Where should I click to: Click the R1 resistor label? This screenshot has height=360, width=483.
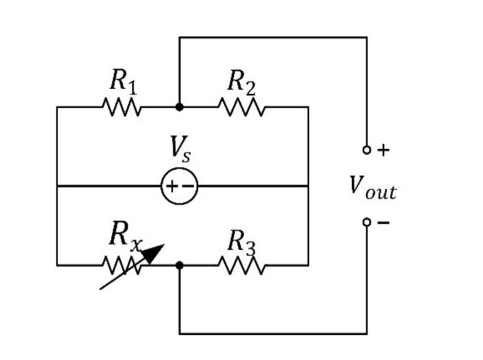tap(123, 82)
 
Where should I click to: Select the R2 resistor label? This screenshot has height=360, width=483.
tap(241, 82)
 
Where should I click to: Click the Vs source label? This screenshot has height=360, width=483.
tap(180, 149)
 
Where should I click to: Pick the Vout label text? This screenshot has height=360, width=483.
tap(373, 187)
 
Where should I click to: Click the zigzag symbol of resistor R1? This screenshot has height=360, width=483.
tap(122, 107)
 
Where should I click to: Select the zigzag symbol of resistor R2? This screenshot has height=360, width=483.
tap(241, 107)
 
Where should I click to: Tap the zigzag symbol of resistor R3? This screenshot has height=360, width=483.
tap(241, 265)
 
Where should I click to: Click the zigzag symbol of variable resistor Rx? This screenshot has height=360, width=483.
tap(122, 265)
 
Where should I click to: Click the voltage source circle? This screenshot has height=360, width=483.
tap(179, 186)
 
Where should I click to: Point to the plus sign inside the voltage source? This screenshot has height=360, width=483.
tap(172, 186)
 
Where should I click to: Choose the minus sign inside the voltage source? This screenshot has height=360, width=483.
tap(187, 186)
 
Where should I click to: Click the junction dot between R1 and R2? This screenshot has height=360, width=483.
tap(179, 107)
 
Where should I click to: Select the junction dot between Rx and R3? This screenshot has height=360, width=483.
tap(179, 265)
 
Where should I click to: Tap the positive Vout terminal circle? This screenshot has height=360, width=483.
tap(366, 150)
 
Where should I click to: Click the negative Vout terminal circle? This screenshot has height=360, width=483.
tap(366, 222)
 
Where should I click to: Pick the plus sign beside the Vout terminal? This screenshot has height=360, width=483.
tap(384, 150)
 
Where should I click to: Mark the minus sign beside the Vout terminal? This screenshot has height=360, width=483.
tap(384, 223)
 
